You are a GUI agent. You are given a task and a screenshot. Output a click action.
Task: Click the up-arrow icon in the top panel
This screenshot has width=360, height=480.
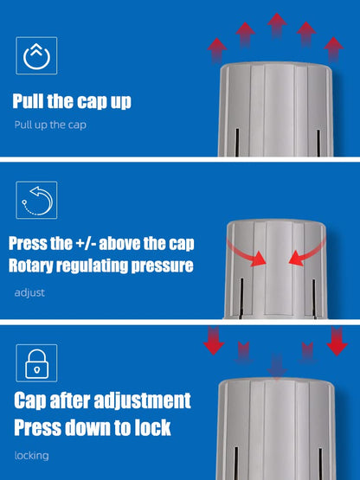(36, 56)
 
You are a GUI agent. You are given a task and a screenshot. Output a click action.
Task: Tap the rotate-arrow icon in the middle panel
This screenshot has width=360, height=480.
(36, 201)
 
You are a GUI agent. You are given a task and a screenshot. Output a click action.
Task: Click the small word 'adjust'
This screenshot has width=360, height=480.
(29, 292)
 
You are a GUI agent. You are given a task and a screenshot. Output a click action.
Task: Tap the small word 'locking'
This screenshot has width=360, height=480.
(31, 455)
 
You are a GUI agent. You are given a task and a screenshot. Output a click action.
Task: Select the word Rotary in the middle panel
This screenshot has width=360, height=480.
(35, 266)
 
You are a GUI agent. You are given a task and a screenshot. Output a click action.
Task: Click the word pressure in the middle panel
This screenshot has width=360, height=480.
(154, 266)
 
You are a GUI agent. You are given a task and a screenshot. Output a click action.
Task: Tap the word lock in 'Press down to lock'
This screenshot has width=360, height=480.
(151, 427)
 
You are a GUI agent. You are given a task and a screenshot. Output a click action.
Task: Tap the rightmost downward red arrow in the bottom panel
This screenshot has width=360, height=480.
(337, 342)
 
